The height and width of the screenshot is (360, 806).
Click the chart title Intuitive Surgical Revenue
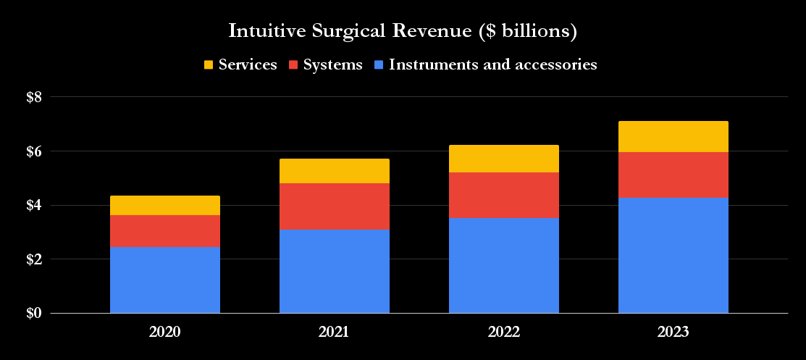(x=403, y=31)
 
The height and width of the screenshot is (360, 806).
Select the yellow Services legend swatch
(x=209, y=65)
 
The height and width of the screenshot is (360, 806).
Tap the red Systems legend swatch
(x=293, y=65)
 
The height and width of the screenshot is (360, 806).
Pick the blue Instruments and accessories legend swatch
(x=379, y=65)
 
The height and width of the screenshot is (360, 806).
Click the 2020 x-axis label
(x=164, y=333)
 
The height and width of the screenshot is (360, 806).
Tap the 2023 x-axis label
(x=673, y=333)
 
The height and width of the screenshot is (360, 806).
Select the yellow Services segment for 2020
(x=165, y=205)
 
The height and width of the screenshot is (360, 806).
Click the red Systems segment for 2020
(x=165, y=231)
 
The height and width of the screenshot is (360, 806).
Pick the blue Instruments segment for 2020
(x=165, y=280)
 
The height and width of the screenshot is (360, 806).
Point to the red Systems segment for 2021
(x=335, y=206)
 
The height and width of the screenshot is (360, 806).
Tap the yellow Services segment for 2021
(x=335, y=171)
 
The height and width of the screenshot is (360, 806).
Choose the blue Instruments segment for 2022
(x=504, y=266)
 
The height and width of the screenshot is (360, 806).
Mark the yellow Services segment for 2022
(x=504, y=159)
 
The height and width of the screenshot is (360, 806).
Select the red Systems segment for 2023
(x=673, y=175)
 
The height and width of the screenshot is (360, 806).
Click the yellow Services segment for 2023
(x=673, y=136)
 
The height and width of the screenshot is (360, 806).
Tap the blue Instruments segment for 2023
(x=673, y=256)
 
